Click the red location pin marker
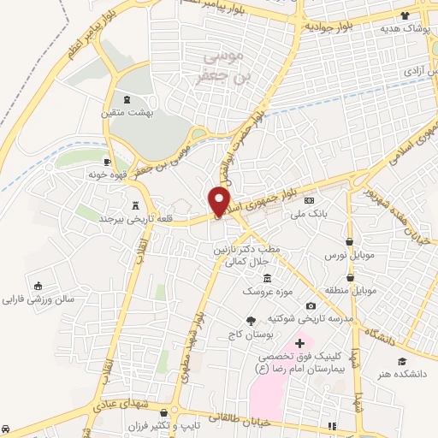(220, 200)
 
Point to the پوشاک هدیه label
(405, 28)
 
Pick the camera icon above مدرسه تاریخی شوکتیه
(311, 306)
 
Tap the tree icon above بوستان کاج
(251, 321)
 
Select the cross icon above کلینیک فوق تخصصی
(299, 342)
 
